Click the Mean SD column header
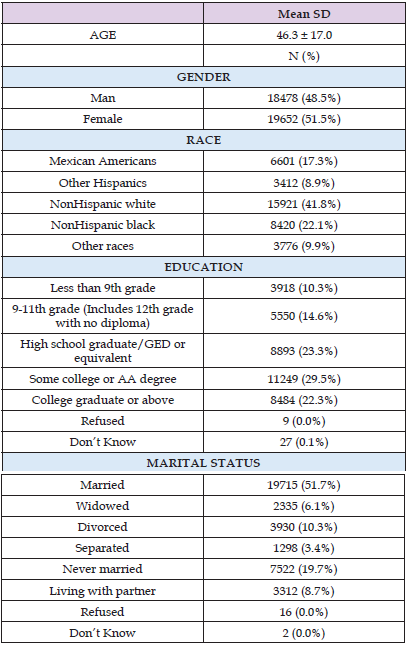pyautogui.click(x=304, y=14)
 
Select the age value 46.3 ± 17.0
pyautogui.click(x=304, y=35)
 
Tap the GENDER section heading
pyautogui.click(x=203, y=77)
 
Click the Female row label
pyautogui.click(x=103, y=119)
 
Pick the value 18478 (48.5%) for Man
pyautogui.click(x=304, y=98)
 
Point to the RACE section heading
pyautogui.click(x=203, y=140)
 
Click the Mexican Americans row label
pyautogui.click(x=103, y=161)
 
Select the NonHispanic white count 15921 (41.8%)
pyautogui.click(x=304, y=204)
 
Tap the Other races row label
pyautogui.click(x=103, y=246)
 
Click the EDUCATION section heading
pyautogui.click(x=203, y=267)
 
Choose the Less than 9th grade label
pyautogui.click(x=103, y=288)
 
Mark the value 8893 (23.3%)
pyautogui.click(x=304, y=351)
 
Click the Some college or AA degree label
pyautogui.click(x=103, y=379)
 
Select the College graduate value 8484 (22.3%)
pyautogui.click(x=304, y=400)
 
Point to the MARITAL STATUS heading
pyautogui.click(x=203, y=463)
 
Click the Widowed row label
pyautogui.click(x=102, y=506)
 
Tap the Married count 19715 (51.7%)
pyautogui.click(x=304, y=485)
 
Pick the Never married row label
pyautogui.click(x=102, y=569)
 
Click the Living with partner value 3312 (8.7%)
pyautogui.click(x=304, y=591)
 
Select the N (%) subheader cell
pyautogui.click(x=304, y=56)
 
